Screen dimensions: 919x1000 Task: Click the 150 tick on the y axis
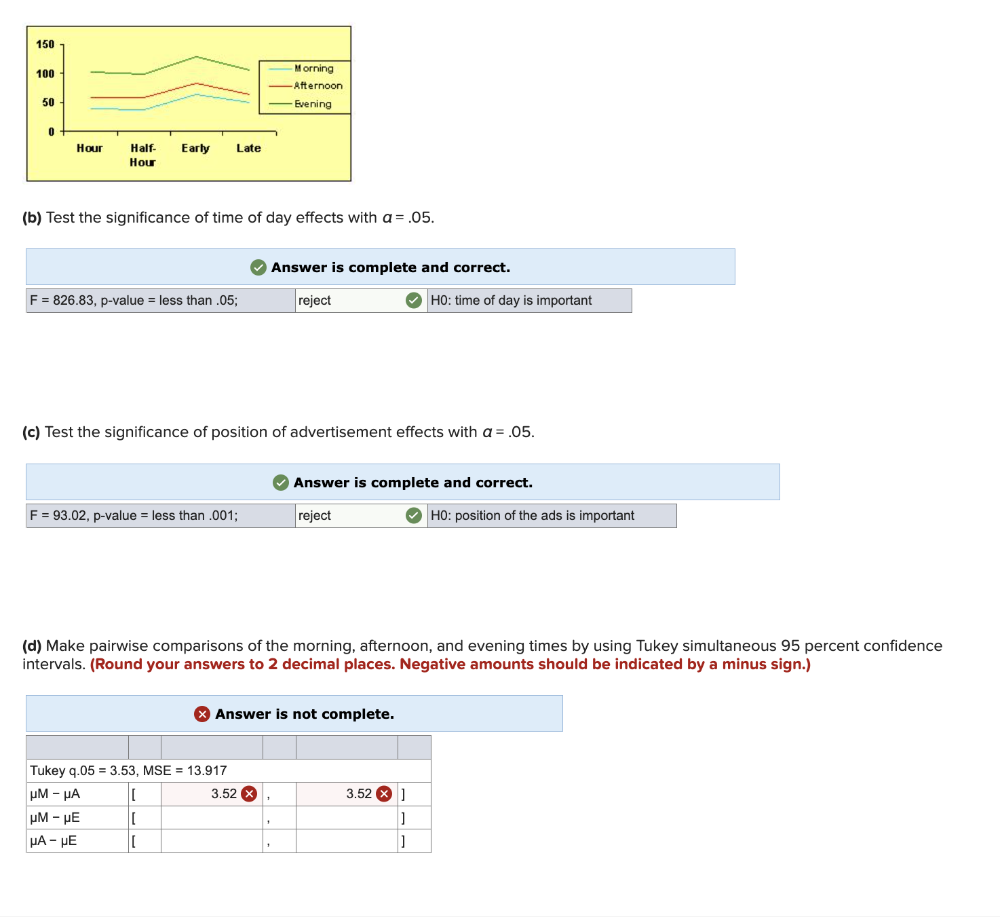point(45,44)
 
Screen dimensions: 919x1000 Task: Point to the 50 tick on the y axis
point(48,102)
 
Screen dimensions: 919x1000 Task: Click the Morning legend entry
point(313,69)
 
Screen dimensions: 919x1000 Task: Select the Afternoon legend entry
point(318,86)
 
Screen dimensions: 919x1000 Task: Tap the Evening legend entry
point(313,104)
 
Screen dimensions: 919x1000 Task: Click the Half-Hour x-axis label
point(142,155)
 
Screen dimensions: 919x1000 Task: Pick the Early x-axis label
point(195,148)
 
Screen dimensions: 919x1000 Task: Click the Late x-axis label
point(248,148)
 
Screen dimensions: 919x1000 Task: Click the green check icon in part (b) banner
point(258,267)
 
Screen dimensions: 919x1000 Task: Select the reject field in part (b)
point(349,301)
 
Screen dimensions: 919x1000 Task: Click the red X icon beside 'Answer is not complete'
point(202,714)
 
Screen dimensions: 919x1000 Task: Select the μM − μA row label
point(56,794)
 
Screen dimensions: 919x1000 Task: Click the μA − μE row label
point(54,841)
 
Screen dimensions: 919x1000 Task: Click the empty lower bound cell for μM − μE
point(212,818)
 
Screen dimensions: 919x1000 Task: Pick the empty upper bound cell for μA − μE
point(347,841)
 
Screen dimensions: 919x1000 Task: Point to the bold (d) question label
point(32,646)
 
